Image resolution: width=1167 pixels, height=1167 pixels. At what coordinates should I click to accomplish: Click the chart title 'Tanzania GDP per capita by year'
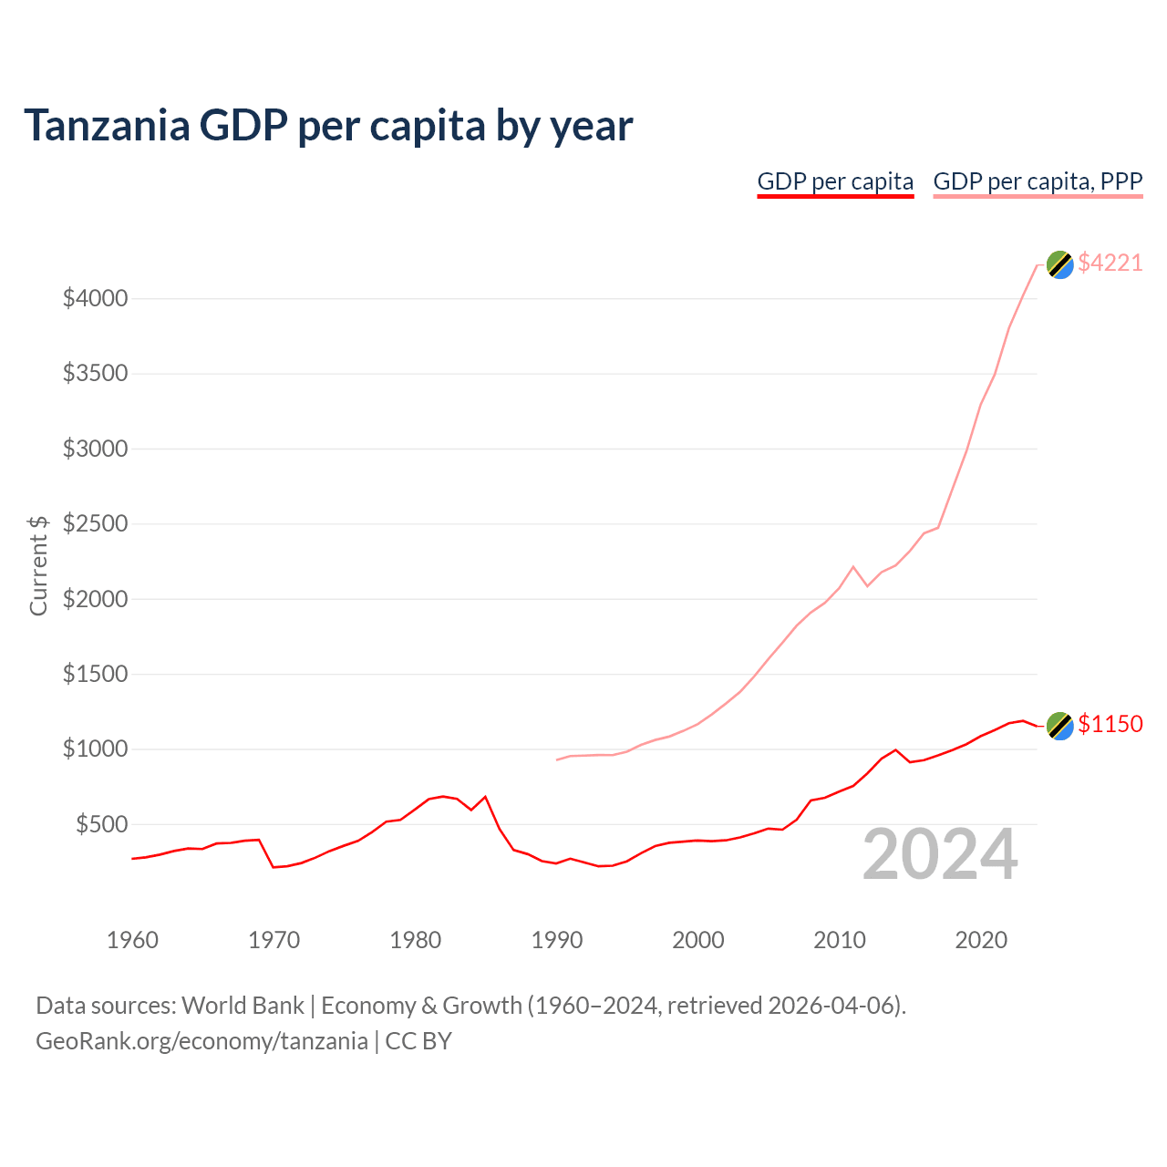click(328, 125)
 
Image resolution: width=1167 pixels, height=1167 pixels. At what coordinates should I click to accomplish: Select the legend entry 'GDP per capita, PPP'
click(1038, 181)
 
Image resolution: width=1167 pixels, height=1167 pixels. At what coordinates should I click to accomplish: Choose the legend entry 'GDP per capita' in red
click(835, 181)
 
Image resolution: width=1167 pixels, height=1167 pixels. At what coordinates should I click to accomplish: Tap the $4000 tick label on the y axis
click(95, 298)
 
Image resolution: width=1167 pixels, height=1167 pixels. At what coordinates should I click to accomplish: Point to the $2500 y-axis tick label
click(95, 524)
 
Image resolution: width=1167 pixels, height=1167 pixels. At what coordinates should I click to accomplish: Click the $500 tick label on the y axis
click(101, 825)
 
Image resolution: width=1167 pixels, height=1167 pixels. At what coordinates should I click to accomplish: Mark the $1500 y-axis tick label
click(95, 675)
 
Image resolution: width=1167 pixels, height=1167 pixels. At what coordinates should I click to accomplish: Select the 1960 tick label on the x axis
click(132, 940)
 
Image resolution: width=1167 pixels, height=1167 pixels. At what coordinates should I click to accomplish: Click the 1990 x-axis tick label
click(556, 940)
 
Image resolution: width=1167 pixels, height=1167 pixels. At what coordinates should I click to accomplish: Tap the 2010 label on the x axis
click(839, 940)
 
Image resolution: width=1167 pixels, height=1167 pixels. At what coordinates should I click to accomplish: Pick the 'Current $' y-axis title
click(38, 565)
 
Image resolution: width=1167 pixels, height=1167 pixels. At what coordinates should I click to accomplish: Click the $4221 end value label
click(1110, 263)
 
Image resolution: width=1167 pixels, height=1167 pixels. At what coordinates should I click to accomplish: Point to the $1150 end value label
click(1110, 724)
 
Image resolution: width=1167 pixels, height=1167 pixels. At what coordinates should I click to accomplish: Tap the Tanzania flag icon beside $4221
click(1059, 264)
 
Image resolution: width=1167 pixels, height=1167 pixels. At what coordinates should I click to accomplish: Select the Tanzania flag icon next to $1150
click(1059, 726)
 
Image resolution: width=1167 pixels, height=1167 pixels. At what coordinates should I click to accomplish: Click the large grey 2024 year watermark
click(940, 855)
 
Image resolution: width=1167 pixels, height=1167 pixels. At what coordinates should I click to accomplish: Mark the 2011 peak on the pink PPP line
click(853, 566)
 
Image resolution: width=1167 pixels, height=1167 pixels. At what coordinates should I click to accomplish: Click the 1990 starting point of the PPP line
click(557, 759)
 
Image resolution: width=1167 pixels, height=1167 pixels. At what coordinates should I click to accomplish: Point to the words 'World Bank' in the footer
click(243, 1006)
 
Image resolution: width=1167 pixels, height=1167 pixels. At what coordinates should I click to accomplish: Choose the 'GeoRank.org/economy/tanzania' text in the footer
click(201, 1041)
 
